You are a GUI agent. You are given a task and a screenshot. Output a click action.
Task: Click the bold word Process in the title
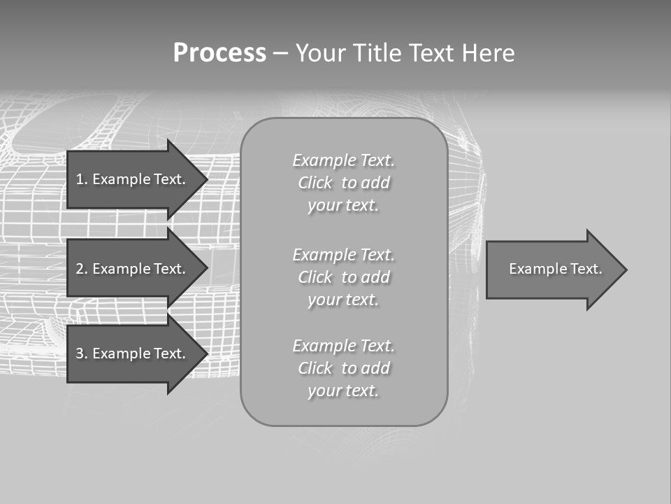219,53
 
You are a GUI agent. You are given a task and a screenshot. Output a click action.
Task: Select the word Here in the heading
489,53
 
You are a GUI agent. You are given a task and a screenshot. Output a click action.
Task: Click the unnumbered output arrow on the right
552,269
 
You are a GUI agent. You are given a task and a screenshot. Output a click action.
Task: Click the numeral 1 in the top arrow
80,179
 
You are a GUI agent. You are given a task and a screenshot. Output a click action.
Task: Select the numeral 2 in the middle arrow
80,269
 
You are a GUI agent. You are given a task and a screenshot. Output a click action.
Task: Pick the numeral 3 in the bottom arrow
80,353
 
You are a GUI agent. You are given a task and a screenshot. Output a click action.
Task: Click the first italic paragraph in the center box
343,183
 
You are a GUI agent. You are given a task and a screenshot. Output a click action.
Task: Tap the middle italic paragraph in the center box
343,277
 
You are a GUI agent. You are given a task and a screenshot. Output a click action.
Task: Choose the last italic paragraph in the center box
343,368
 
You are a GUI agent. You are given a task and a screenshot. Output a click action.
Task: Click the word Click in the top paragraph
315,183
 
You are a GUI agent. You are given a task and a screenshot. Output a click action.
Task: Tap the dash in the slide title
280,53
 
